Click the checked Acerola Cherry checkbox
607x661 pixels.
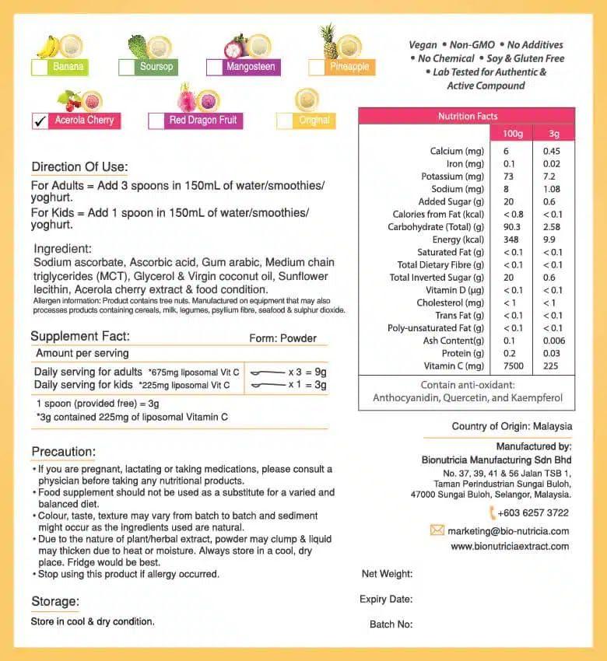click(x=40, y=121)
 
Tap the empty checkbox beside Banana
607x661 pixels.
click(x=39, y=68)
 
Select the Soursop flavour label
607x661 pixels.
click(x=156, y=67)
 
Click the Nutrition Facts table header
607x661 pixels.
click(x=467, y=116)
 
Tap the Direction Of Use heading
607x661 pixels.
click(x=79, y=167)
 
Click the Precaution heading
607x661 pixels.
click(x=64, y=452)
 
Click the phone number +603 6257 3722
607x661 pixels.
click(x=533, y=512)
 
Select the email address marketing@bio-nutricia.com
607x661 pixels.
click(x=508, y=531)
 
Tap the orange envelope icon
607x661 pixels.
click(x=437, y=530)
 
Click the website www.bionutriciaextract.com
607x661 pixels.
click(x=510, y=546)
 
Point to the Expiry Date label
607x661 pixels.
click(x=386, y=599)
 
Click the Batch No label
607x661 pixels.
click(x=391, y=624)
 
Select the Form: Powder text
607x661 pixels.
click(x=283, y=338)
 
